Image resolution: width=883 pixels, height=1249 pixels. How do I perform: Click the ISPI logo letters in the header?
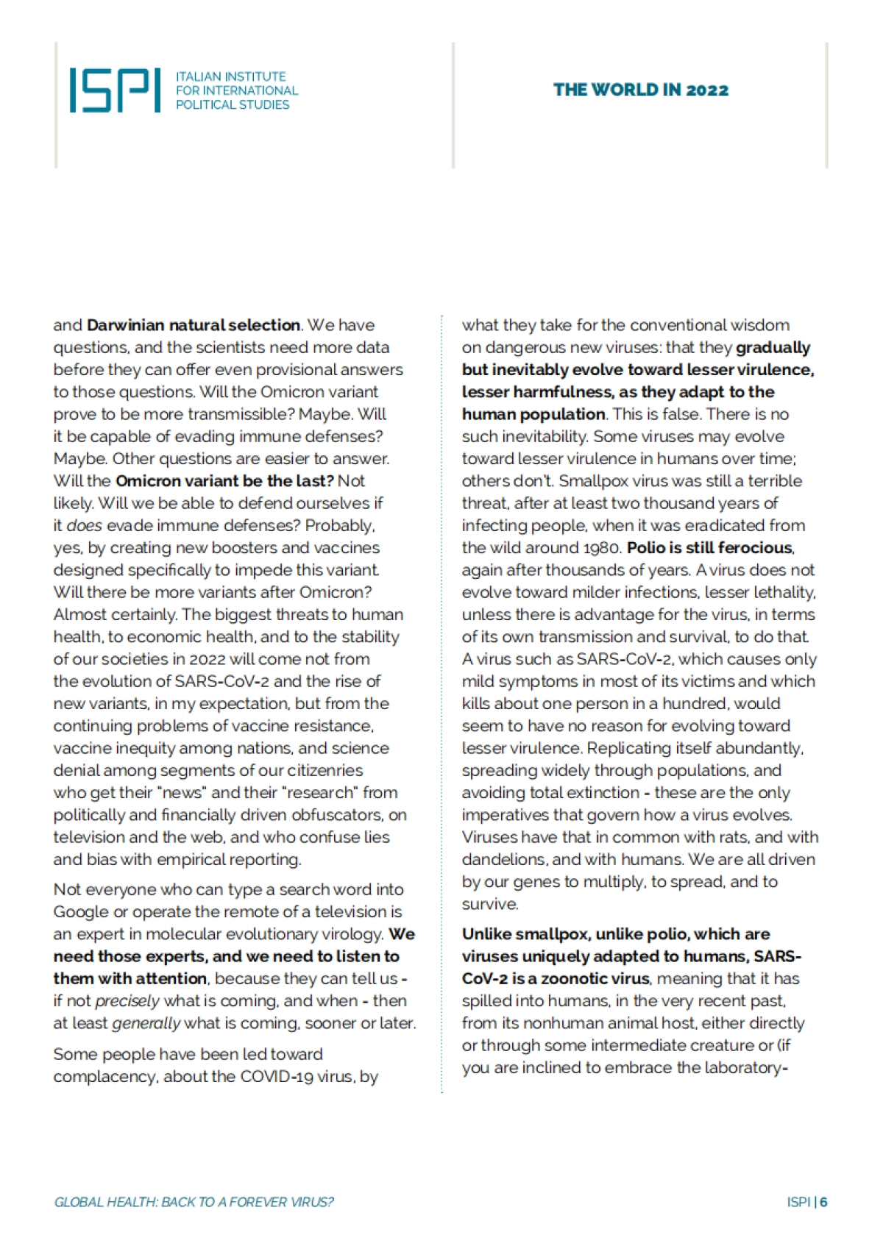coord(115,90)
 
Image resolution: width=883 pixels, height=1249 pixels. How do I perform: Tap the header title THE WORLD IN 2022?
coord(640,90)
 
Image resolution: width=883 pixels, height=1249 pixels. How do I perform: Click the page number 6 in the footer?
coord(823,1202)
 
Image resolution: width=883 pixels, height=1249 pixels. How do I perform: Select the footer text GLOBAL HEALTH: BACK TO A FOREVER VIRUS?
coord(194,1202)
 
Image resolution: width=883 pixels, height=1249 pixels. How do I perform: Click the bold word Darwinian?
coord(126,325)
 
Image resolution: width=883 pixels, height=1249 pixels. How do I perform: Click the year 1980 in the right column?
coord(603,548)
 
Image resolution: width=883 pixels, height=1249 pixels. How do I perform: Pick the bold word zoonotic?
coord(573,979)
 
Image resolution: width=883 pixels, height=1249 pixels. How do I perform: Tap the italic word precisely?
coord(127,1001)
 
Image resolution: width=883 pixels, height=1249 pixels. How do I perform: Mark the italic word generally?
coord(146,1023)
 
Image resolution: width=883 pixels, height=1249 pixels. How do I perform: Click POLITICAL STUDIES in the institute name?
coord(233,105)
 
